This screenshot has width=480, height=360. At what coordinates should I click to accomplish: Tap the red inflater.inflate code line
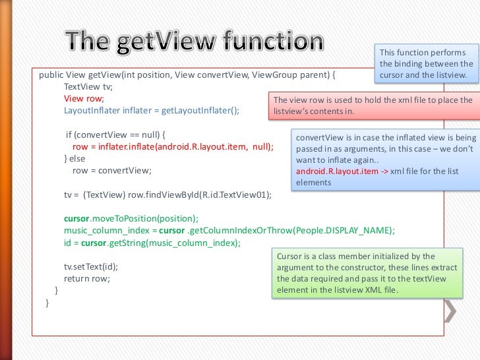click(x=172, y=146)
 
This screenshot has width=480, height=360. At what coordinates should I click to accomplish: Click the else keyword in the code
click(x=78, y=158)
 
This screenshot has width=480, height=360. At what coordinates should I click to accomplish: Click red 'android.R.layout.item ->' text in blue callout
click(x=337, y=171)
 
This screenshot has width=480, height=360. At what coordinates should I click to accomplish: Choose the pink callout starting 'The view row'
click(x=373, y=105)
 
